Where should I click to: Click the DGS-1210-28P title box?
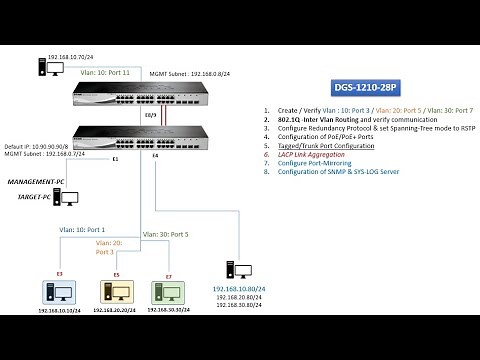click(x=365, y=87)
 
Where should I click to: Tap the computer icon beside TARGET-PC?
click(x=69, y=198)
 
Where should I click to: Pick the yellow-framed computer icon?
click(x=116, y=292)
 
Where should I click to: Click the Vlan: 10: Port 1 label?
click(x=82, y=232)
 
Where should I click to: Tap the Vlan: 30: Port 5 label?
click(x=166, y=234)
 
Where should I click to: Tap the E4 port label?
click(x=156, y=157)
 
